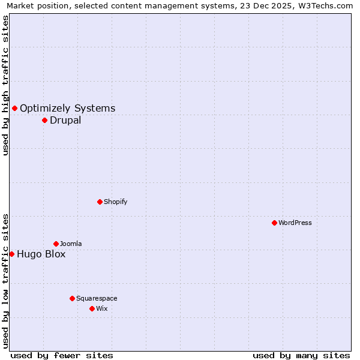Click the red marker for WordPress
(274, 223)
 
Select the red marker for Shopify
(100, 202)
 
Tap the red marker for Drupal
(44, 120)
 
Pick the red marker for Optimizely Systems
(14, 108)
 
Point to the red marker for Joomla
(56, 244)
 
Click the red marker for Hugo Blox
(11, 254)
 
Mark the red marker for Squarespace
(72, 298)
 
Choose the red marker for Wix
(92, 308)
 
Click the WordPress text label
(295, 223)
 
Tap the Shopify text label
(116, 202)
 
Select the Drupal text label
(65, 120)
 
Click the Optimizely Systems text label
(68, 108)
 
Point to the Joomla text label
(71, 244)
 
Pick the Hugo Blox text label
(41, 254)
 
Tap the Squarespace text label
(97, 298)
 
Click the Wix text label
(102, 308)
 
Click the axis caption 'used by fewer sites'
(62, 355)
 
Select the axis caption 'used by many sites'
(301, 355)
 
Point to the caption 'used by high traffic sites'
(5, 85)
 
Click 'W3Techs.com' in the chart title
(327, 6)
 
